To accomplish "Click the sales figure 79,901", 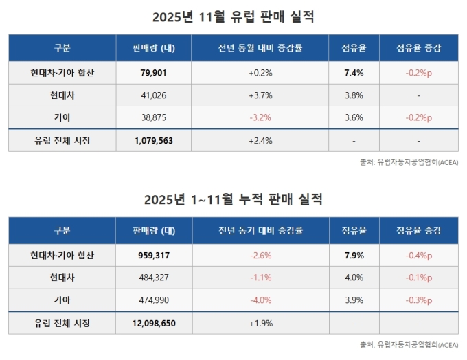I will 154,72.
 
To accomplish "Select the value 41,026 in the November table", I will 154,95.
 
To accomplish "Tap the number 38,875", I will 154,117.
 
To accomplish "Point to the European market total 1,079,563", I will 154,140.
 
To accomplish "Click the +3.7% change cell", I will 260,95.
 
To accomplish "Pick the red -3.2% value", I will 260,117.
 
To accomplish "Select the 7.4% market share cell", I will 353,72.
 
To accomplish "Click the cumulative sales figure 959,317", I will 154,255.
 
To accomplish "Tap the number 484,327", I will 154,278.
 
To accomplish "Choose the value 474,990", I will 154,300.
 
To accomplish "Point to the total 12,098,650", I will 154,323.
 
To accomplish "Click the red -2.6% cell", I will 260,255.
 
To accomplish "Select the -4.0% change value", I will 260,300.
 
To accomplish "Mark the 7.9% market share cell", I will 353,255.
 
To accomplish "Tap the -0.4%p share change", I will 418,255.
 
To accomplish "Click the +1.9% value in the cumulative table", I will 260,323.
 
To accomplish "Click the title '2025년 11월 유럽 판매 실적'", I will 233,16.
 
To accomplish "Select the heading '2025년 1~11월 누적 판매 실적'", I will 233,199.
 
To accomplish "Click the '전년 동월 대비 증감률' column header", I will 260,48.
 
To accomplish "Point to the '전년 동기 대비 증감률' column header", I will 260,231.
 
